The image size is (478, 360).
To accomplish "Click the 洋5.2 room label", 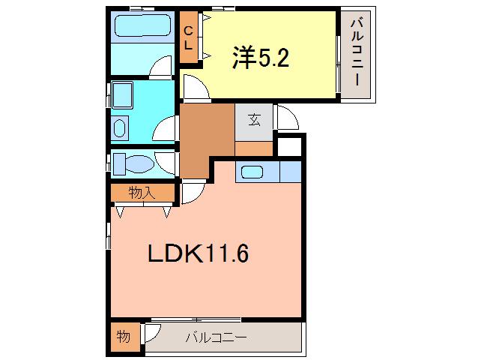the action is coord(260,58).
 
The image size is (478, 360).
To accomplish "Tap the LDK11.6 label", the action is coord(199,253).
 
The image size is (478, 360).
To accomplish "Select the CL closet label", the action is coord(189,38).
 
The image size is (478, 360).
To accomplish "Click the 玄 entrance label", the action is coord(254,119).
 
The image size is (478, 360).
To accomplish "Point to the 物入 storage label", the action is coord(142,193).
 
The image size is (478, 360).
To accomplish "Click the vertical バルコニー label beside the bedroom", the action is coord(357,52).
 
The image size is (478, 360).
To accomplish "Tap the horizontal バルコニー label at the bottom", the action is coord(216,337).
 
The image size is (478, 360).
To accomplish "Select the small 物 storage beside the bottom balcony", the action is coord(124,337).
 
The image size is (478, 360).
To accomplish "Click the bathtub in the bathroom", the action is coord(142,25).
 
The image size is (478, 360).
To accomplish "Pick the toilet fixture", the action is coord(134,163).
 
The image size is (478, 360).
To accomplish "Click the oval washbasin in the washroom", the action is coord(120,128).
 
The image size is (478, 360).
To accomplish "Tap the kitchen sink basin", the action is coord(252,172).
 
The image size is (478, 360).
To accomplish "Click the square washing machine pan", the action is coord(122,95).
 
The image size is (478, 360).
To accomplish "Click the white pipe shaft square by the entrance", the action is coord(289,146).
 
